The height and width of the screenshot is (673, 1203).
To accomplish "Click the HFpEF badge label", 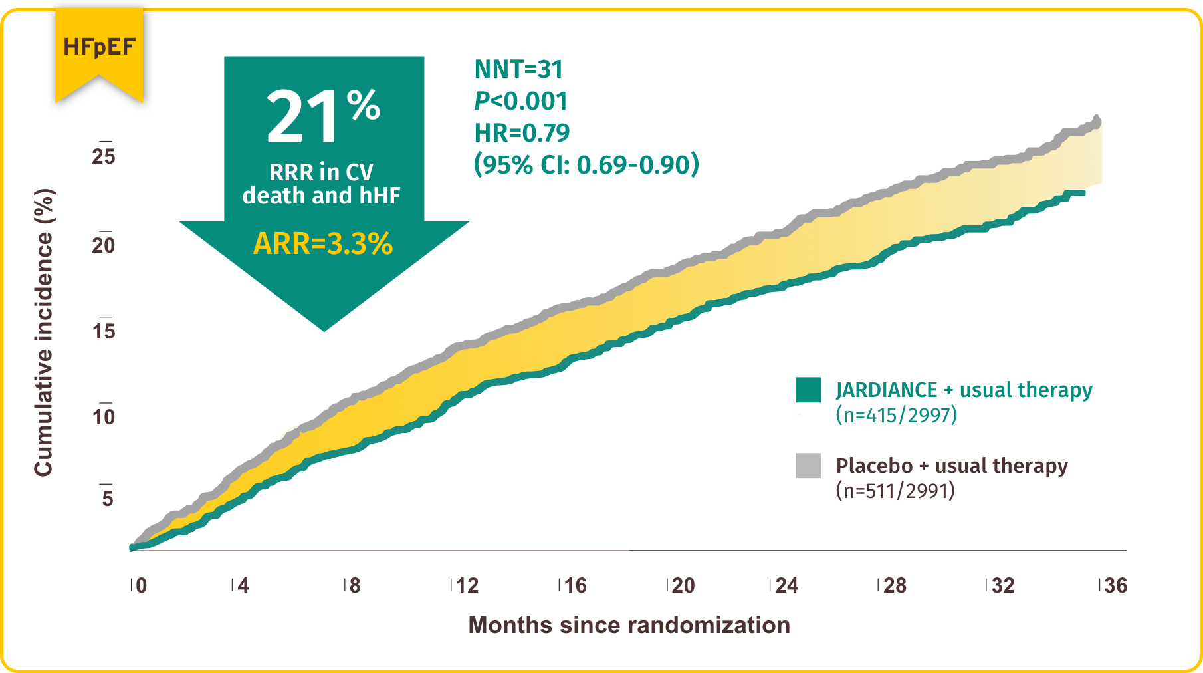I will [99, 47].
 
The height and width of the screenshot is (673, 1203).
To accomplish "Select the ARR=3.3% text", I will [323, 243].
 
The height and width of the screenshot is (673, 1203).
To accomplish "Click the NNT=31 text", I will [518, 69].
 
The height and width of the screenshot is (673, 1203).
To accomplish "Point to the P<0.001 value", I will [521, 101].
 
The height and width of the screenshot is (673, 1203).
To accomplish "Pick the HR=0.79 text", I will [522, 133].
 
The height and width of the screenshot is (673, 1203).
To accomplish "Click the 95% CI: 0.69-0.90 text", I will [586, 164].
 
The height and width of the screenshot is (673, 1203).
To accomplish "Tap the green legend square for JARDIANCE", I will [808, 390].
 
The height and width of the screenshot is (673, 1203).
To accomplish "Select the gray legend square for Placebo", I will [808, 466].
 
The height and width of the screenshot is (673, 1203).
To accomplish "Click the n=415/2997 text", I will [896, 415].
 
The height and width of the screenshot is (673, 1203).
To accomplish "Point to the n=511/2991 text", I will [895, 491].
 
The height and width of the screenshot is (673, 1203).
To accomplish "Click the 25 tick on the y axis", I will [104, 156].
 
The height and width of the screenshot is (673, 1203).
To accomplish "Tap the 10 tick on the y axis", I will [104, 417].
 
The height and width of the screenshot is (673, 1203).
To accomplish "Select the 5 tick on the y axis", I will [107, 498].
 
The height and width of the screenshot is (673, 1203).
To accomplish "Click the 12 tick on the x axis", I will [467, 585].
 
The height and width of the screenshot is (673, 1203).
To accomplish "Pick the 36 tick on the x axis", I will [1115, 585].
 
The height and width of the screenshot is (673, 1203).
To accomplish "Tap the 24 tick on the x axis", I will [787, 585].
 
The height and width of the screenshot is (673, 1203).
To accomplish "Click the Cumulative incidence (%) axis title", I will [44, 333].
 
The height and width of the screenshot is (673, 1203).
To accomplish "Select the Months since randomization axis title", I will [629, 625].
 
